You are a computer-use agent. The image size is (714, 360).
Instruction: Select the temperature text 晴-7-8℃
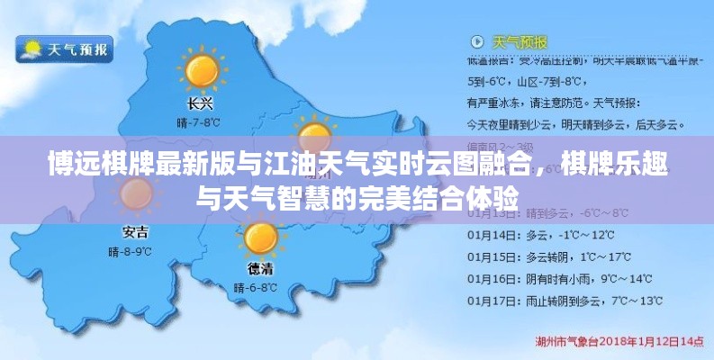coord(199,121)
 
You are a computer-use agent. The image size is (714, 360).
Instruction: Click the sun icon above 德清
coord(261,238)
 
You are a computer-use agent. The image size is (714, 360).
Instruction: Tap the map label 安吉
coord(136,230)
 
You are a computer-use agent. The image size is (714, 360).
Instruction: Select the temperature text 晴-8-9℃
coord(136,249)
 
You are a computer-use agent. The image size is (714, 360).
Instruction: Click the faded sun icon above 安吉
coord(136,193)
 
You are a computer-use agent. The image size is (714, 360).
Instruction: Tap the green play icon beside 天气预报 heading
coord(476,42)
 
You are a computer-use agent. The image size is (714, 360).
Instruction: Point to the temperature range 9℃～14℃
coord(628,277)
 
